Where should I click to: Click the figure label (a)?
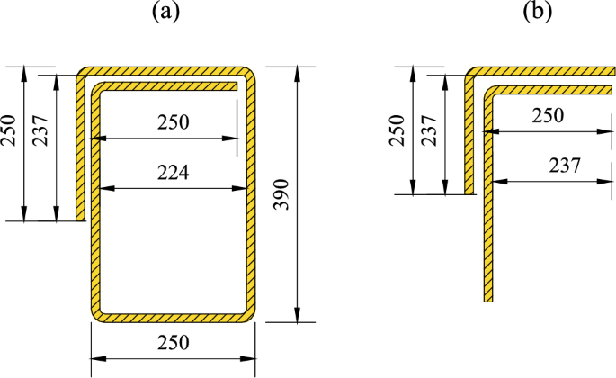pyautogui.click(x=172, y=13)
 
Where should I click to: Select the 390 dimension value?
pyautogui.click(x=281, y=193)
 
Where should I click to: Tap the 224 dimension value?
pyautogui.click(x=173, y=174)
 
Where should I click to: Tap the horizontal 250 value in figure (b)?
pyautogui.click(x=547, y=115)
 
